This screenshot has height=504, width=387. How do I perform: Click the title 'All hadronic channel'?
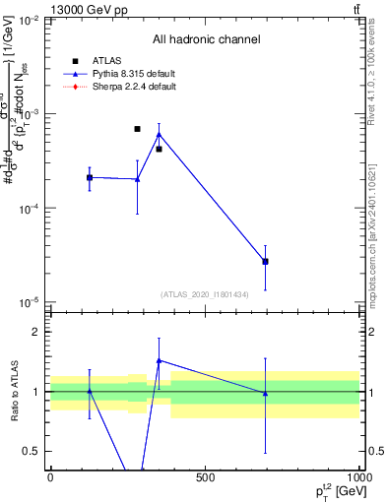point(206,39)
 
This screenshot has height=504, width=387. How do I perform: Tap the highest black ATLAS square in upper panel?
point(137,129)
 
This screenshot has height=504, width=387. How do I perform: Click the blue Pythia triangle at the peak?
point(159,134)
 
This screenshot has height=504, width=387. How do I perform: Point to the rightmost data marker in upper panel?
point(265,261)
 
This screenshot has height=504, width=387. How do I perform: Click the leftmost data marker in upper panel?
point(90,177)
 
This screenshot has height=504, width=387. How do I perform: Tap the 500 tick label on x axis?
point(205,478)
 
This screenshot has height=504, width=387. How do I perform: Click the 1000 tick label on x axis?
point(357,478)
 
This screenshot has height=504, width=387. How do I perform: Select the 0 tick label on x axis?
point(50,478)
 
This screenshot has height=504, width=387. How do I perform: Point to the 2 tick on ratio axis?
point(36,332)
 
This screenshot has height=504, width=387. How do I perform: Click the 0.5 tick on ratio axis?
point(32,451)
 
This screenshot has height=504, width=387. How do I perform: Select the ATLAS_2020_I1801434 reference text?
point(206,294)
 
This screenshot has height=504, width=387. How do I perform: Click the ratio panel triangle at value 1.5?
point(159,361)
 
